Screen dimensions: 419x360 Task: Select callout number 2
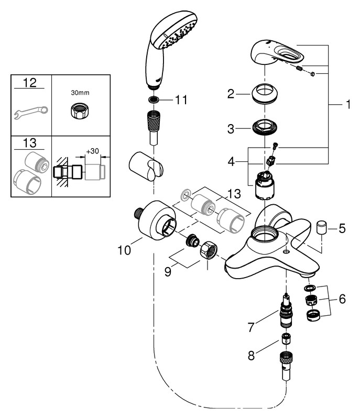[230, 95]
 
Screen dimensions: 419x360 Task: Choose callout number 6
[342, 299]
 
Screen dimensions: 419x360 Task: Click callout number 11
[181, 100]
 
